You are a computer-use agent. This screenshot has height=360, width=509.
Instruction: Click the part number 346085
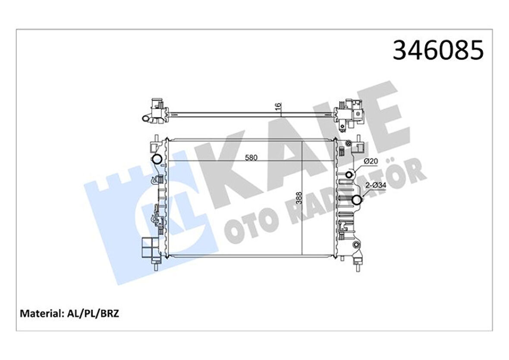tap(438, 51)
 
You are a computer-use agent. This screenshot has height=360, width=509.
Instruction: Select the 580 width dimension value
tap(251, 158)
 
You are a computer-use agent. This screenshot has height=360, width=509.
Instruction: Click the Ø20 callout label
tap(371, 161)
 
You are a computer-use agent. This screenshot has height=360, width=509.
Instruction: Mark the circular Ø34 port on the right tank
tap(356, 200)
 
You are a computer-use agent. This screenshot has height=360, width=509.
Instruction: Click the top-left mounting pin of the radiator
tap(154, 142)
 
